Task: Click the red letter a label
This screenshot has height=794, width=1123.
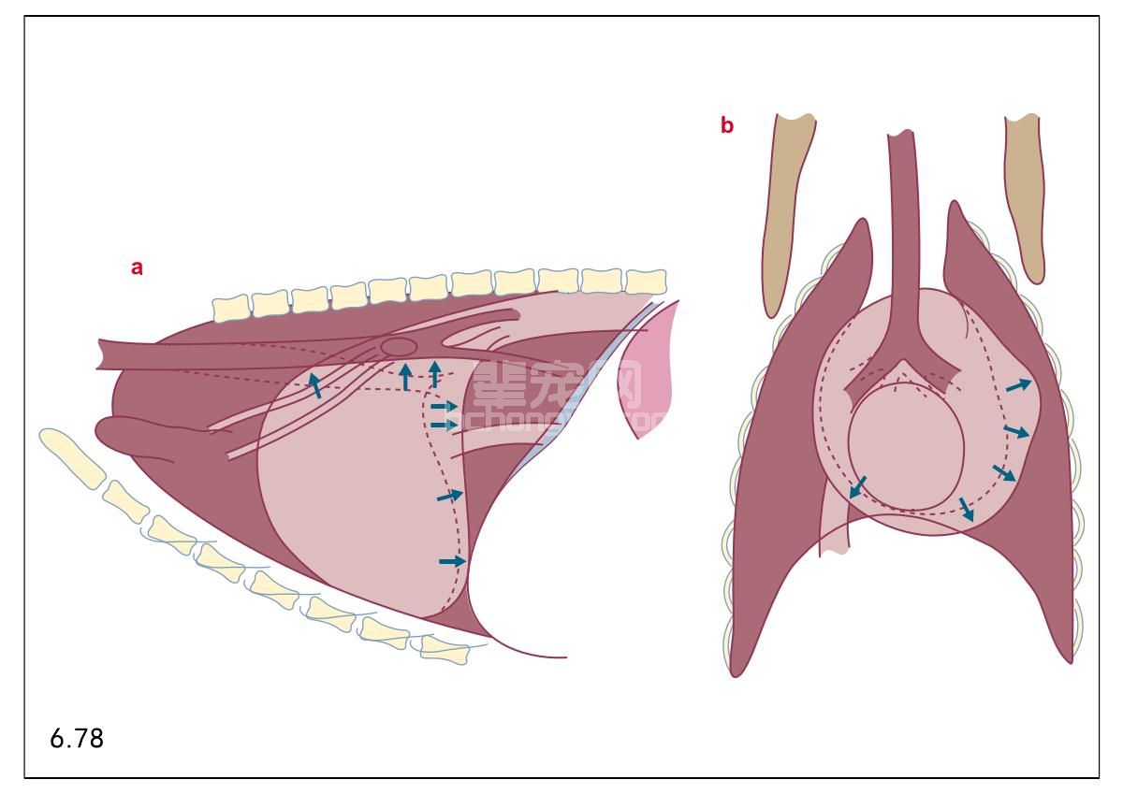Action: [138, 267]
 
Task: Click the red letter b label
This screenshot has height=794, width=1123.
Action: [727, 125]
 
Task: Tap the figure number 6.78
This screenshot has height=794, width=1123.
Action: [77, 739]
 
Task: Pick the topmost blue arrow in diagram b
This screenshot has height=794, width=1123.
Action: [1018, 384]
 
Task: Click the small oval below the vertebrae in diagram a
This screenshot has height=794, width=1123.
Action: [400, 347]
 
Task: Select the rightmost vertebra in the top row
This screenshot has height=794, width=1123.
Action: [646, 281]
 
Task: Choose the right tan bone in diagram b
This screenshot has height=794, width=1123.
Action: [1025, 196]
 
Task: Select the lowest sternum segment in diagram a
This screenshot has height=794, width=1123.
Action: [445, 648]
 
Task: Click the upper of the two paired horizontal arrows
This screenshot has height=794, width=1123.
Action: [444, 407]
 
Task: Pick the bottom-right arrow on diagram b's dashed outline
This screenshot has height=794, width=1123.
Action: [968, 510]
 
